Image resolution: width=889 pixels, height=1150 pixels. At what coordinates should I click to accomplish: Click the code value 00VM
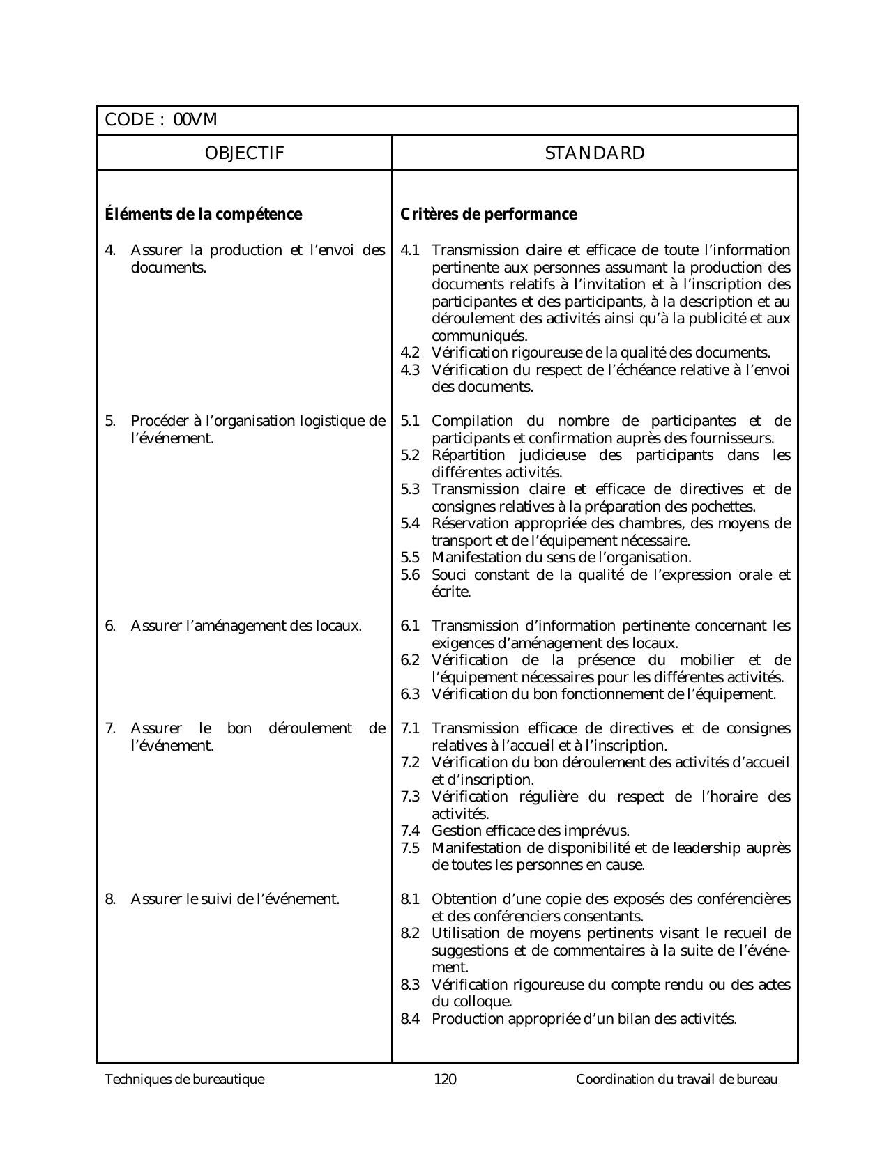click(x=195, y=121)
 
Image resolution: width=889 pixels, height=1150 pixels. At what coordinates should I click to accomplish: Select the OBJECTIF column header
click(x=244, y=153)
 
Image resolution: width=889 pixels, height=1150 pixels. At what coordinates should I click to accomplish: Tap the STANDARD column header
click(x=595, y=153)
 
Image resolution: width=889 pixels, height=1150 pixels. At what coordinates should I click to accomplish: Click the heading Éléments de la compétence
click(x=204, y=214)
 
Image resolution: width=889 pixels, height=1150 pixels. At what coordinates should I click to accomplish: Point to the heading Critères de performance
click(x=489, y=214)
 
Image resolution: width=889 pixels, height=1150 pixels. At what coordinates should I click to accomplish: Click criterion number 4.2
click(x=410, y=353)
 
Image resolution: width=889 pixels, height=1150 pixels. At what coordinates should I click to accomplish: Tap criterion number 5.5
click(x=410, y=558)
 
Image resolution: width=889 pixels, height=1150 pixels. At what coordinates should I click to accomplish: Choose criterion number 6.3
click(x=410, y=694)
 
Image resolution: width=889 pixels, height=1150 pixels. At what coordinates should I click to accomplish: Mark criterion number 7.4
click(x=410, y=831)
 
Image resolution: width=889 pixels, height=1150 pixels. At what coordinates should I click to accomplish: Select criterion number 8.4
click(x=410, y=1019)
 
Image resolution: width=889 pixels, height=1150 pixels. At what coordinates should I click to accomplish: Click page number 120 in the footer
click(x=445, y=1080)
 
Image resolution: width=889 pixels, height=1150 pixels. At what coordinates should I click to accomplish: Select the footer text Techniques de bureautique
click(x=185, y=1080)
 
